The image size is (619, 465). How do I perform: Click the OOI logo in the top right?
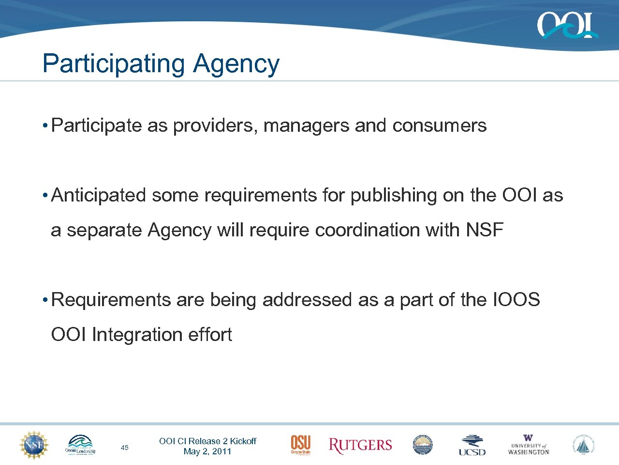click(x=567, y=25)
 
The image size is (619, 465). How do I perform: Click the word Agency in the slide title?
click(x=236, y=64)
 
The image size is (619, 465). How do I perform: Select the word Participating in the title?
click(x=113, y=64)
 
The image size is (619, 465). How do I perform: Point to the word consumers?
click(x=439, y=125)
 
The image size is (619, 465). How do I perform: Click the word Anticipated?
click(x=99, y=195)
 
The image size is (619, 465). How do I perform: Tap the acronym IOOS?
click(x=516, y=300)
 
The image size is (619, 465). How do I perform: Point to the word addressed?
click(x=308, y=300)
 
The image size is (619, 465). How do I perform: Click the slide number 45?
click(x=124, y=448)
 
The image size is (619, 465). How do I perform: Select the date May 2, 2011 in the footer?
click(x=207, y=451)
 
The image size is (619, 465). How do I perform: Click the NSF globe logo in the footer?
click(x=34, y=445)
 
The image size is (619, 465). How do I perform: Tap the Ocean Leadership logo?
click(x=80, y=445)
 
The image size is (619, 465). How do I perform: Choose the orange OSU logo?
click(x=300, y=445)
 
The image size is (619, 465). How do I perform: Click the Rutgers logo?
click(x=360, y=445)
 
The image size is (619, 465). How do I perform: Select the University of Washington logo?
click(x=529, y=445)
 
